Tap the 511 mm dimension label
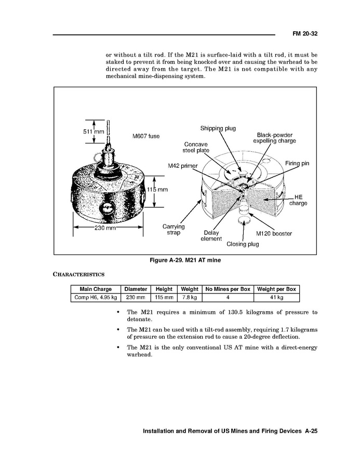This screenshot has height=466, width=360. (94, 131)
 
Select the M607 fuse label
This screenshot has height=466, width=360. (146, 136)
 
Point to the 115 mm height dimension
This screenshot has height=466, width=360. (157, 190)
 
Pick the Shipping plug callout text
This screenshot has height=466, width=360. (218, 128)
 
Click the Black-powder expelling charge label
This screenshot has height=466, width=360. (274, 138)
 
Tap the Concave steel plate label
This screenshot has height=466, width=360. (196, 148)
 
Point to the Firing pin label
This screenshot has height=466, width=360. (297, 163)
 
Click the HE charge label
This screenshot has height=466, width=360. (298, 200)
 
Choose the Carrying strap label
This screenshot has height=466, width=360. (174, 230)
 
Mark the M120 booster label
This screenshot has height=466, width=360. (274, 233)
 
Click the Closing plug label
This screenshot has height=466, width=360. (243, 244)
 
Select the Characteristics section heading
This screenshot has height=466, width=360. (79, 274)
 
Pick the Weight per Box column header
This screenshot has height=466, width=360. (276, 289)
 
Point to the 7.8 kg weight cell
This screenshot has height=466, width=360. (189, 298)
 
